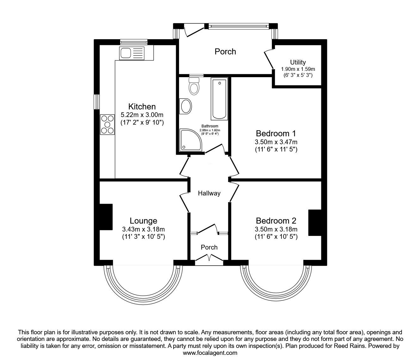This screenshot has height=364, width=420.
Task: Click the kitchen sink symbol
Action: coord(132,53)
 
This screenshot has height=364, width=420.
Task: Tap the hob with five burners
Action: coord(107,124)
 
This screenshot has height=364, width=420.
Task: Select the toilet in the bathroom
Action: coord(194,86)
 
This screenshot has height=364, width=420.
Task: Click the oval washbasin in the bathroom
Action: coord(185,106)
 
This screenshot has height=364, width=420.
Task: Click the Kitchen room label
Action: coord(142,107)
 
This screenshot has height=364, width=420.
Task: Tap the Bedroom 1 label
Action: coord(276,133)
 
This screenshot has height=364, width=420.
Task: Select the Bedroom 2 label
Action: coord(276,220)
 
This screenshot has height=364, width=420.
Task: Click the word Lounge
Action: coord(143,221)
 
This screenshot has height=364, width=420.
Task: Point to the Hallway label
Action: coord(209,193)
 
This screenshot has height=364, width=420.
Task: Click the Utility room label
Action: coord(298,62)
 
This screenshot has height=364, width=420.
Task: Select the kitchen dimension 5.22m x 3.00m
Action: coord(142,115)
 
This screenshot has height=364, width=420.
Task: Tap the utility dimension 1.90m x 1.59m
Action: coord(298,69)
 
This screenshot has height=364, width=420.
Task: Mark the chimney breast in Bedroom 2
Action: coord(315,223)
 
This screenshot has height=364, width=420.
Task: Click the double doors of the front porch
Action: coord(209,260)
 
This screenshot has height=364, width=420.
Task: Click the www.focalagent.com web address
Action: coord(210,353)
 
